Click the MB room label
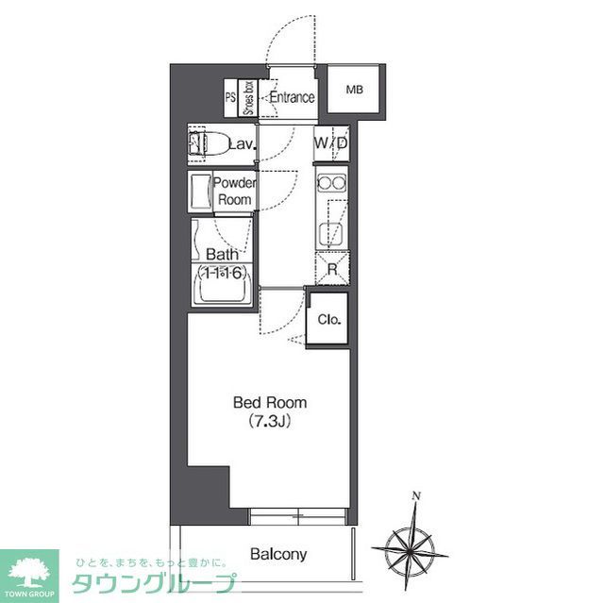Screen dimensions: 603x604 354,91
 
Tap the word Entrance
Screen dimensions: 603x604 291,97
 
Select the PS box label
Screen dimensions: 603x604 229,96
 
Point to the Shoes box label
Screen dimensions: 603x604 248,97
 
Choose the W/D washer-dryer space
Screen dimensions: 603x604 331,143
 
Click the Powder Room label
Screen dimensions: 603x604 234,191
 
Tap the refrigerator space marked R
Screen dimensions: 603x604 332,267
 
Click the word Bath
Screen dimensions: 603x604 222,255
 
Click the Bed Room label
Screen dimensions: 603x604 270,403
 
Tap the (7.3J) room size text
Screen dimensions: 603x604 270,421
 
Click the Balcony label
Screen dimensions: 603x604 278,555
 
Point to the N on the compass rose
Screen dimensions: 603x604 416,495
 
